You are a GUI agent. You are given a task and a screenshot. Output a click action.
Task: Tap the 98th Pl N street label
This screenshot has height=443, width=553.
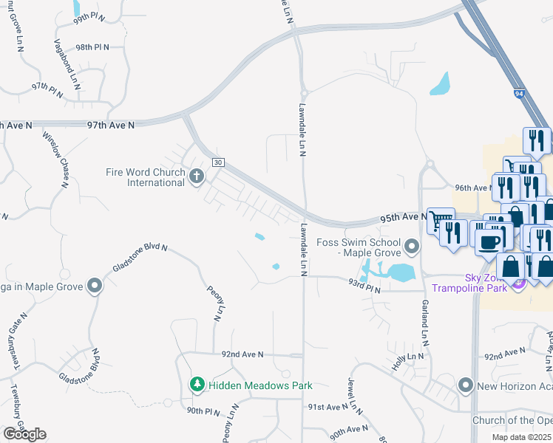(x=92, y=47)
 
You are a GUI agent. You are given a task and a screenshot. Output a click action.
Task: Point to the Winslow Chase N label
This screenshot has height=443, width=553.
(x=55, y=159)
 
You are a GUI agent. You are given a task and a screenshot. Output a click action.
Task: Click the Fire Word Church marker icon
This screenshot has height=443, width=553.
(x=196, y=176)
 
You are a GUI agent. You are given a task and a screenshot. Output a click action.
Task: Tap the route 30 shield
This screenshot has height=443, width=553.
(x=218, y=162)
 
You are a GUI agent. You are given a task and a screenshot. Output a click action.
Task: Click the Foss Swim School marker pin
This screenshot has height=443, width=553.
(x=413, y=244)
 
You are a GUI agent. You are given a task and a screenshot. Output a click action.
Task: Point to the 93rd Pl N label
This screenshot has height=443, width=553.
(x=364, y=291)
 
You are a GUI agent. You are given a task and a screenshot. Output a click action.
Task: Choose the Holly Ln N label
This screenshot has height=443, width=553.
(x=410, y=356)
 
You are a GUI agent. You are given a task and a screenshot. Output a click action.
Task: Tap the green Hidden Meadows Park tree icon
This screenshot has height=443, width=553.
(x=197, y=384)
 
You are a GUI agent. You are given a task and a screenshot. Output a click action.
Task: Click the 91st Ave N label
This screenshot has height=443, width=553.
(x=328, y=407)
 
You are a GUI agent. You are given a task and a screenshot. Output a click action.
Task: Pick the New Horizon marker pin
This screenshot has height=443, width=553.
(x=465, y=385)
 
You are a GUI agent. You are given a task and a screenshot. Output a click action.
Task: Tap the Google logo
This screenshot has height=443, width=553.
(x=24, y=434)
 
